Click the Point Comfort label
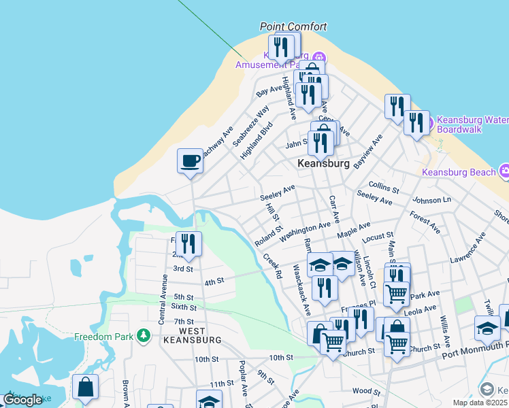pyautogui.click(x=293, y=27)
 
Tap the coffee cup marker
pyautogui.click(x=191, y=161)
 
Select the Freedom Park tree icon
pyautogui.click(x=143, y=335)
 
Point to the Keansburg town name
pyautogui.click(x=324, y=164)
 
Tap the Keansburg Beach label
pyautogui.click(x=459, y=172)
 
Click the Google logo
pyautogui.click(x=22, y=400)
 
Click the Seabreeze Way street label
pyautogui.click(x=250, y=126)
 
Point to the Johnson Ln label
pyautogui.click(x=431, y=201)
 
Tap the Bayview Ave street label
pyautogui.click(x=368, y=151)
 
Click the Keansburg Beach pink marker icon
pyautogui.click(x=505, y=170)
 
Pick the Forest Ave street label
pyautogui.click(x=425, y=222)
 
